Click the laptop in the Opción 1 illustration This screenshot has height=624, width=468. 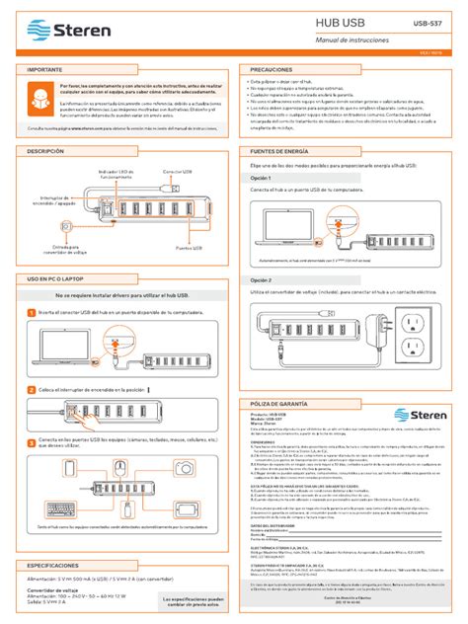[288, 229]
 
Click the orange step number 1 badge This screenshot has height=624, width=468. [32, 312]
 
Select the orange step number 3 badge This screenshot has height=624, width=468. [32, 441]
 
